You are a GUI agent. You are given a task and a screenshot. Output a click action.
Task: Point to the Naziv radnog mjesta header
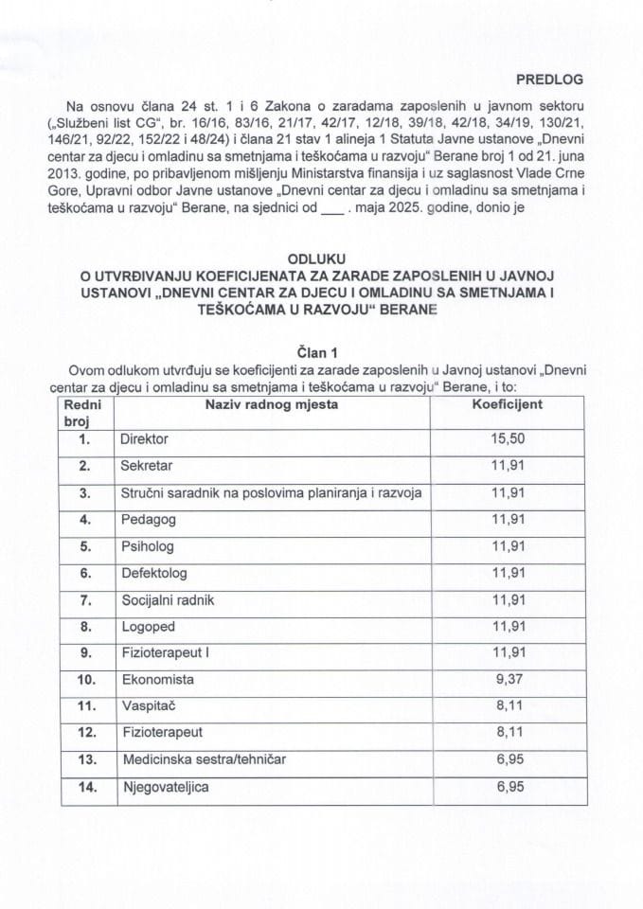pyautogui.click(x=272, y=405)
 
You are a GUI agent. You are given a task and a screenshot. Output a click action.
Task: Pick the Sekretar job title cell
pyautogui.click(x=146, y=467)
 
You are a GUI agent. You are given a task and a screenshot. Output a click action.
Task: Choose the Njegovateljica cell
pyautogui.click(x=166, y=787)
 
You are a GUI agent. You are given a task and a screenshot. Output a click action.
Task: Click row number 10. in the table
pyautogui.click(x=86, y=680)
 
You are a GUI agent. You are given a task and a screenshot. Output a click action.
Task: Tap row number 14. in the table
pyautogui.click(x=86, y=787)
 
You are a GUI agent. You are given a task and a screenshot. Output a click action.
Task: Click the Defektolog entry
pyautogui.click(x=153, y=574)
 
